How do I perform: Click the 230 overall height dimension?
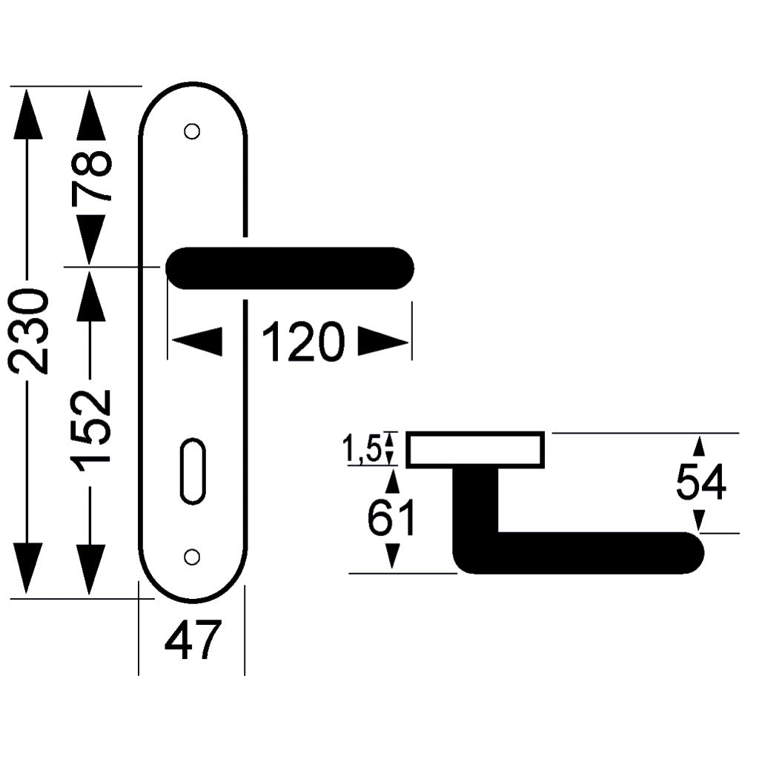click(x=30, y=331)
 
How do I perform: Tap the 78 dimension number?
click(x=92, y=176)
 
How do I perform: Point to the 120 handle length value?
click(x=303, y=342)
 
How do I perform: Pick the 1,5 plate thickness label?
click(x=362, y=448)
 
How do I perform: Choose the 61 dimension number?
click(x=391, y=517)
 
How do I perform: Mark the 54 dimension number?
click(x=701, y=481)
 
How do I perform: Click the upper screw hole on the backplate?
click(x=192, y=131)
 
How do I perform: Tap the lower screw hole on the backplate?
click(x=192, y=557)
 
